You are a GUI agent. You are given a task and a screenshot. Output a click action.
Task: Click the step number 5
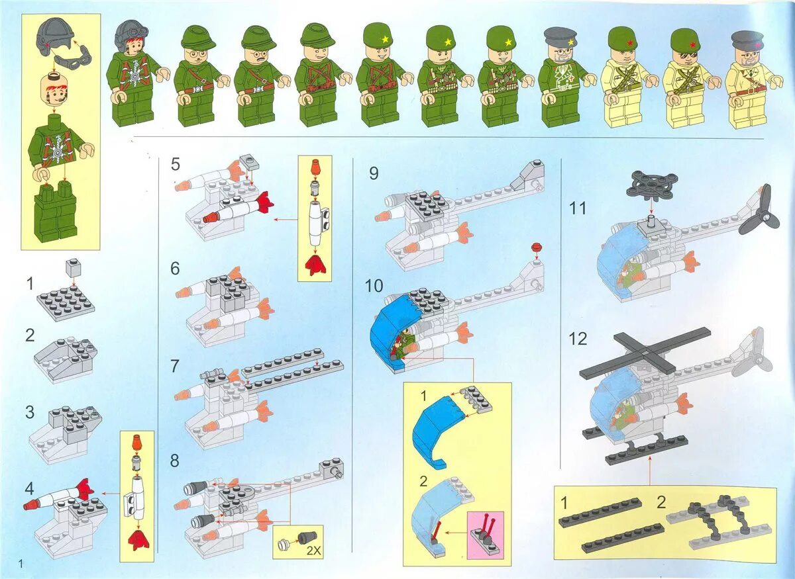click(x=175, y=163)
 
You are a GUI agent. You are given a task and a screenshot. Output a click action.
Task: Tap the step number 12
click(x=578, y=339)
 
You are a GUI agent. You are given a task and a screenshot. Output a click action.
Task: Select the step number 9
click(x=374, y=174)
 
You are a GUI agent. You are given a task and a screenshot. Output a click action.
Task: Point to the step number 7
click(x=175, y=365)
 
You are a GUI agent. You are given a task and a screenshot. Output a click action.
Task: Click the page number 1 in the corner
click(x=22, y=563)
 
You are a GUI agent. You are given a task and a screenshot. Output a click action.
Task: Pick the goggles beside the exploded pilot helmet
click(x=73, y=60)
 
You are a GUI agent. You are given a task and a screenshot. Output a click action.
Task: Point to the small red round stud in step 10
click(x=537, y=248)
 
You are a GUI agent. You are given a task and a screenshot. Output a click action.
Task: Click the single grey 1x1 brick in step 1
click(x=74, y=268)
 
